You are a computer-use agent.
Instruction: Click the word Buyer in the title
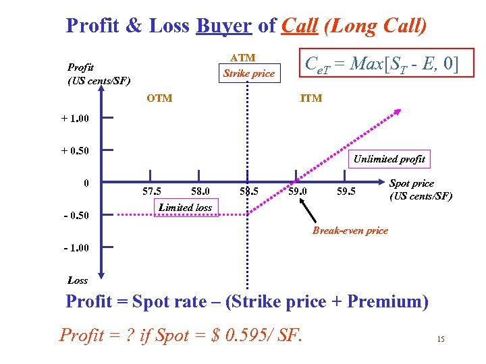(x=223, y=26)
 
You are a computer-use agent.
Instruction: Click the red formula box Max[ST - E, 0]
(x=381, y=65)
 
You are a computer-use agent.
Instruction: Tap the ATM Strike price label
(x=248, y=66)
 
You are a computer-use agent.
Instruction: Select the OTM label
(x=159, y=98)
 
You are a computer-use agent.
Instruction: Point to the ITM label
(x=310, y=98)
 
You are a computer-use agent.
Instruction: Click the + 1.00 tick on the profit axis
(x=75, y=119)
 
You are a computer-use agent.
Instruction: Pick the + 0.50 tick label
(x=75, y=150)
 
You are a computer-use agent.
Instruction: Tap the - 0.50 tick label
(x=75, y=216)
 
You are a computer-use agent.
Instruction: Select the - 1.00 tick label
(x=75, y=248)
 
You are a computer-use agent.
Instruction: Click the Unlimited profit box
(x=389, y=159)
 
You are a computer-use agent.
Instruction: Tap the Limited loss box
(x=185, y=208)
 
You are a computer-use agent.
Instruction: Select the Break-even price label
(x=350, y=231)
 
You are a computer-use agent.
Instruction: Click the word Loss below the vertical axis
(x=78, y=280)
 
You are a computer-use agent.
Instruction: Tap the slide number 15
(x=441, y=339)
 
